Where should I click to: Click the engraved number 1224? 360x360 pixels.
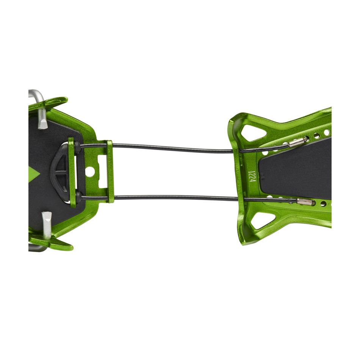coord(252,176)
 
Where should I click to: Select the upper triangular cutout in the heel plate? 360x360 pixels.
coord(253,132)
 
